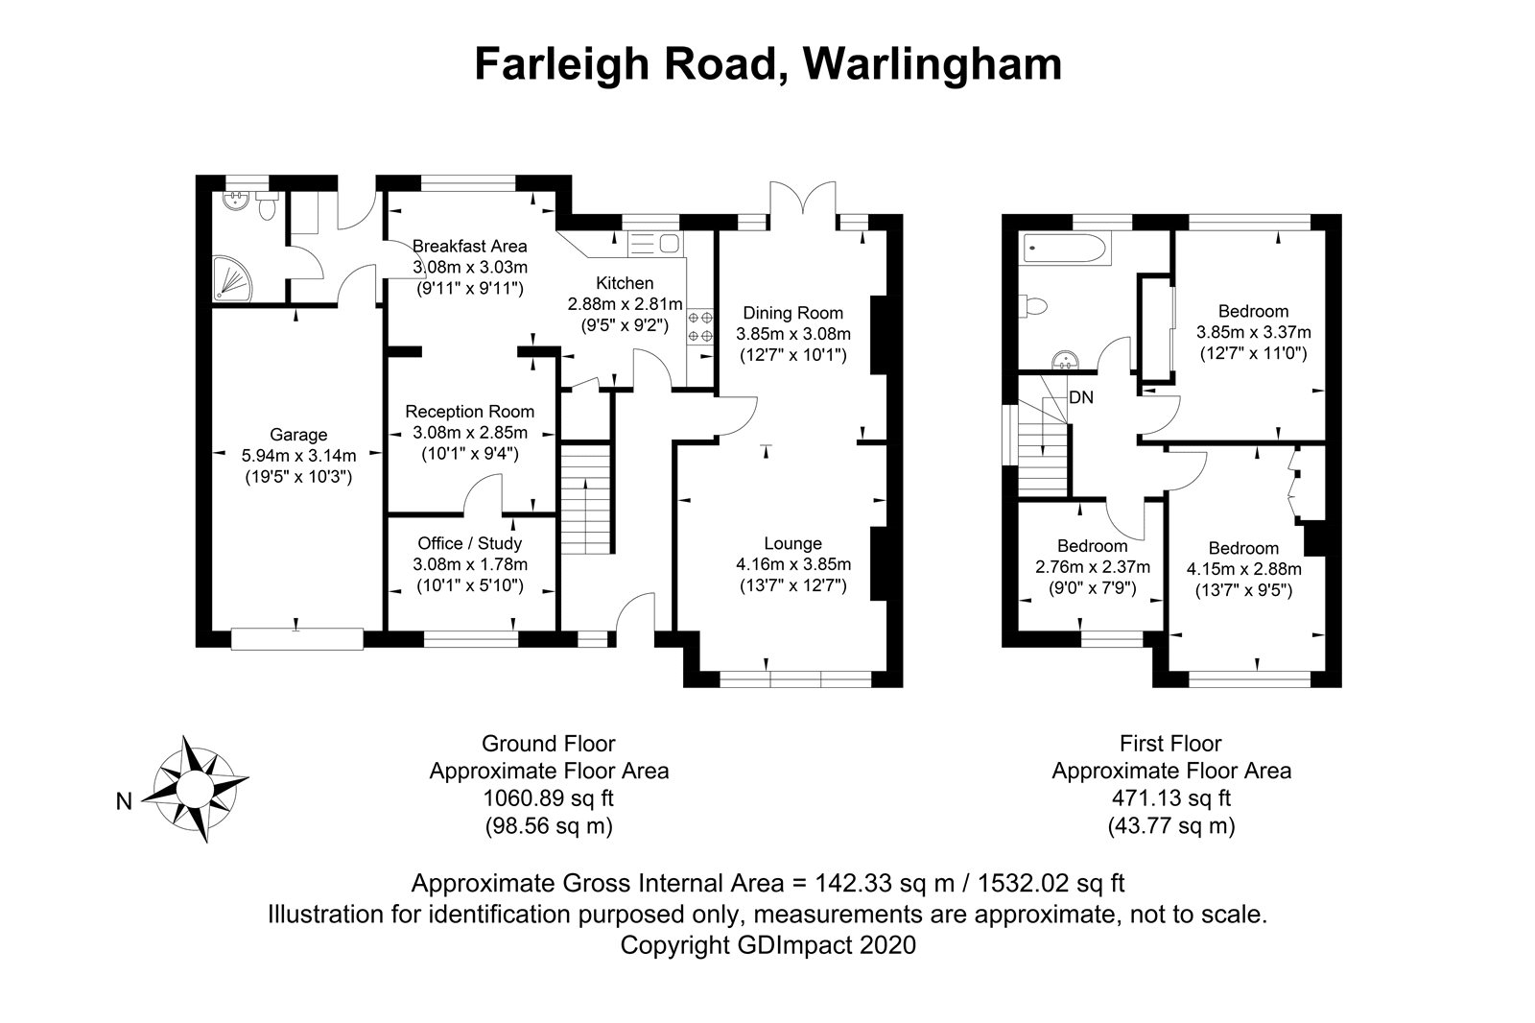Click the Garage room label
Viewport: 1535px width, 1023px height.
(297, 435)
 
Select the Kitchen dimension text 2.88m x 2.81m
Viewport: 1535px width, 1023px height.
(625, 304)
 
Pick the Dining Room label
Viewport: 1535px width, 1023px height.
(793, 313)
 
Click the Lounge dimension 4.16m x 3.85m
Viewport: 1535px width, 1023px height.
(793, 564)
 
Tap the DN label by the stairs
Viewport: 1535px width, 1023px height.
(1081, 397)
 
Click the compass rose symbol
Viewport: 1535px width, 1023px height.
(201, 789)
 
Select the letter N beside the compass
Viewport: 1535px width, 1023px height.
(124, 801)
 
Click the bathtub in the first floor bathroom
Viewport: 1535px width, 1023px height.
(1065, 250)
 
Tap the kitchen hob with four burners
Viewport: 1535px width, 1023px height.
(700, 325)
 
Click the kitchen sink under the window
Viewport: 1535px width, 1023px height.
(653, 243)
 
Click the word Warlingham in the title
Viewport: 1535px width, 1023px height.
(933, 64)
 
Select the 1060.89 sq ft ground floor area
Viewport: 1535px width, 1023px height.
(548, 797)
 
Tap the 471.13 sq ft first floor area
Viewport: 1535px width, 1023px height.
(1170, 797)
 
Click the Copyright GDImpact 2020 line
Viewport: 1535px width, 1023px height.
(767, 945)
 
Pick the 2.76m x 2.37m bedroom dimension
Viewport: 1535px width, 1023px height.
(1093, 567)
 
